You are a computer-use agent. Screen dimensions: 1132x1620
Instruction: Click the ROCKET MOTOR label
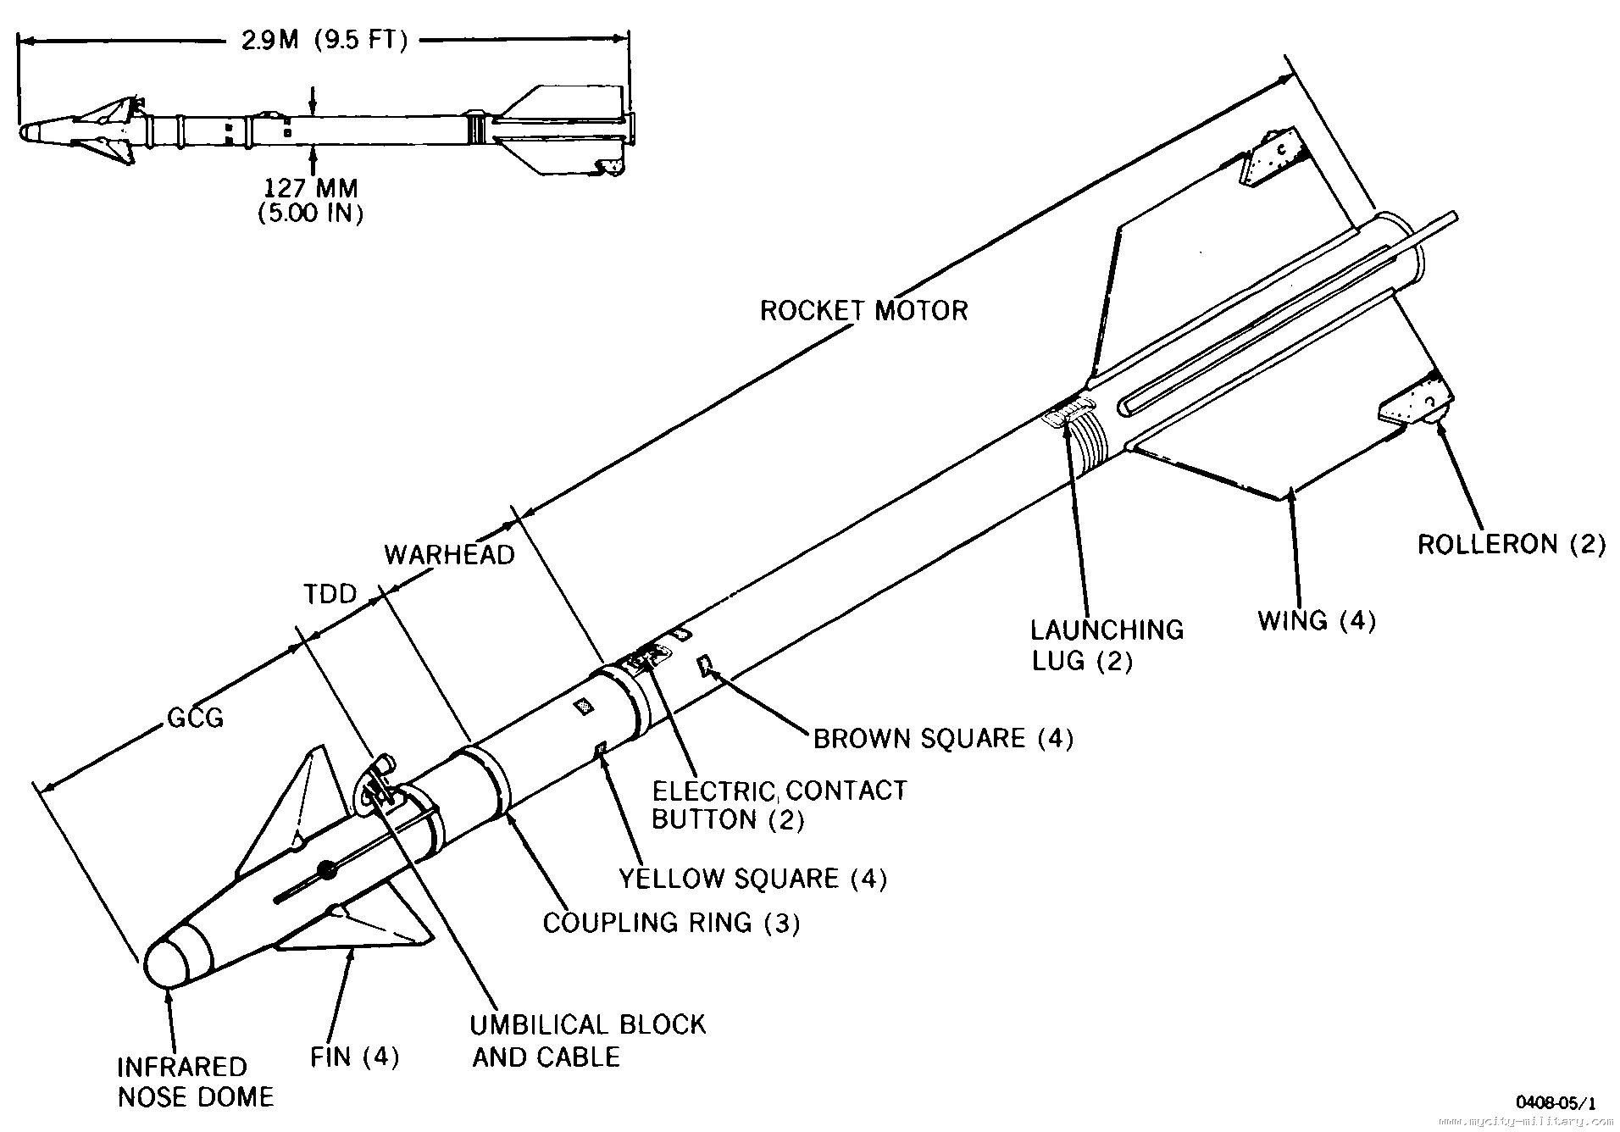(863, 310)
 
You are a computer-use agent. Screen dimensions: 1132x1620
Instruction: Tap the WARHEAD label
(449, 555)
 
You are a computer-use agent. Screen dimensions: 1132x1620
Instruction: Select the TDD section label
(330, 594)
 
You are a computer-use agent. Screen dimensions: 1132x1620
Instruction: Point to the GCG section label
(195, 719)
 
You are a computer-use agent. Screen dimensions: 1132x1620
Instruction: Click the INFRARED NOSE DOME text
(195, 1081)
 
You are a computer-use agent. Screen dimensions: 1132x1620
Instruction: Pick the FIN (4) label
(353, 1057)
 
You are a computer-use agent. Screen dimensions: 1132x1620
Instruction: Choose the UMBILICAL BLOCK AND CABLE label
(587, 1040)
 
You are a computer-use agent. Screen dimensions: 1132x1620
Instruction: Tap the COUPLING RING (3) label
(671, 922)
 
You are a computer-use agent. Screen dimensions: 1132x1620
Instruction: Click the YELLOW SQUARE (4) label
(752, 878)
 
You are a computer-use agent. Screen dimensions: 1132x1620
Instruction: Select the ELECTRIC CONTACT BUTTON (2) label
(778, 805)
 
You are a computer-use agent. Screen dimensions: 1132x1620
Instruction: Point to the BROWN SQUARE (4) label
(943, 738)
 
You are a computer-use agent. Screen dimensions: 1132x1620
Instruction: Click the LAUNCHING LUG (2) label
(1106, 644)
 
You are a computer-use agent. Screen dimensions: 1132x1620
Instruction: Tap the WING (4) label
(1316, 620)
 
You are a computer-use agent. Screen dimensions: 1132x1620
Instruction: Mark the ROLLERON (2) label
(1511, 544)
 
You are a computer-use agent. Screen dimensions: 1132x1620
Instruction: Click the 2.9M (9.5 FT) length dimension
(325, 41)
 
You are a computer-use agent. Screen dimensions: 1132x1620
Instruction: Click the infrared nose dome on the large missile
(174, 962)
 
